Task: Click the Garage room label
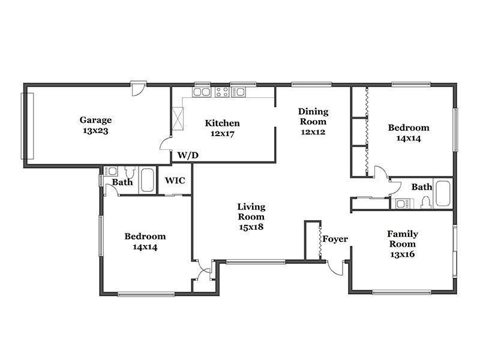click(95, 120)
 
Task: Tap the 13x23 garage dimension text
click(95, 131)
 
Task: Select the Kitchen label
click(222, 123)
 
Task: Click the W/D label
click(188, 155)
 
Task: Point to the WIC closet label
click(175, 181)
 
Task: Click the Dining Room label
click(313, 116)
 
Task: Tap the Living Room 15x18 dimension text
click(251, 227)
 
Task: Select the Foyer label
click(335, 239)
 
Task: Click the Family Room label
click(403, 239)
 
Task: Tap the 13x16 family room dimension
click(403, 254)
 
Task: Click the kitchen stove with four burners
click(222, 92)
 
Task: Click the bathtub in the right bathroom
click(443, 193)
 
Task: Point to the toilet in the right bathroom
click(426, 203)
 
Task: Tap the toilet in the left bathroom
click(130, 172)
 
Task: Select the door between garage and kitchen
click(166, 143)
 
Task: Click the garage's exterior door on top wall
click(139, 89)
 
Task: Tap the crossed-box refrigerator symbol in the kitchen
click(178, 119)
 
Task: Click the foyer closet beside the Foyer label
click(313, 241)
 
